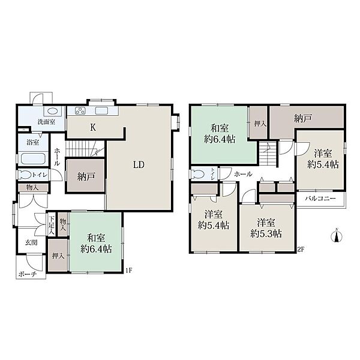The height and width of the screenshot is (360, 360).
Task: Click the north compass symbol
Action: pyautogui.click(x=337, y=236)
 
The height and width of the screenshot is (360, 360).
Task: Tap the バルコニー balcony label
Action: pyautogui.click(x=320, y=199)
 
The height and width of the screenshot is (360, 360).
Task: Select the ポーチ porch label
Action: pyautogui.click(x=28, y=274)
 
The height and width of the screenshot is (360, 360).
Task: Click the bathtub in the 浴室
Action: pyautogui.click(x=33, y=158)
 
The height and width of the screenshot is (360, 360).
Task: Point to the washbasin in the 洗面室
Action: pyautogui.click(x=53, y=111)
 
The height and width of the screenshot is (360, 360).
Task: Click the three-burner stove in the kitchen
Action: pyautogui.click(x=80, y=110)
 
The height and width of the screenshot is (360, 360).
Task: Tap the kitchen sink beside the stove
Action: pyautogui.click(x=101, y=110)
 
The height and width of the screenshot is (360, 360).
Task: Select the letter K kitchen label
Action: pyautogui.click(x=93, y=127)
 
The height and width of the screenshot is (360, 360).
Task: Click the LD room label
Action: pyautogui.click(x=139, y=164)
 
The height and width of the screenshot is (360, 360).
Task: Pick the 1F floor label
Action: pyautogui.click(x=129, y=270)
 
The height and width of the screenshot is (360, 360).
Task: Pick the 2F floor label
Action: pyautogui.click(x=301, y=250)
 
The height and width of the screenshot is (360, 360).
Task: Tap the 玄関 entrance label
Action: pyautogui.click(x=31, y=242)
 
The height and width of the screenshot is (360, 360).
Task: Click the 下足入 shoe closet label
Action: pyautogui.click(x=52, y=225)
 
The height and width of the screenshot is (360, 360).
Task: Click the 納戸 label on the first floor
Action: pyautogui.click(x=86, y=176)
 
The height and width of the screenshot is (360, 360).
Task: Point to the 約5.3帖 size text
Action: pyautogui.click(x=266, y=234)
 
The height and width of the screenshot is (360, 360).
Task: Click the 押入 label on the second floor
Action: pyautogui.click(x=260, y=124)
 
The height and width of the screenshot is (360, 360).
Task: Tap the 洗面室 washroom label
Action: pyautogui.click(x=46, y=122)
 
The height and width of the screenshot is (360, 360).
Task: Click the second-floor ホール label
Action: pyautogui.click(x=243, y=174)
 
